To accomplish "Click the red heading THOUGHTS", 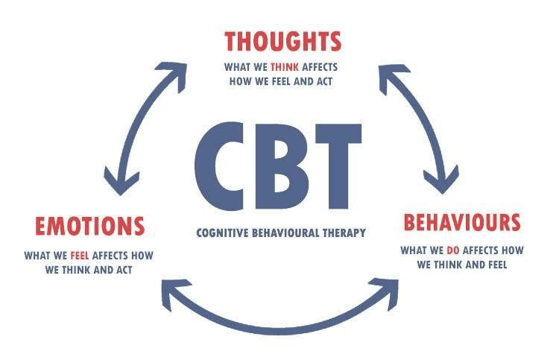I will coord(282,40).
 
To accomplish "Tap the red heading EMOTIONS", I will coord(89,225).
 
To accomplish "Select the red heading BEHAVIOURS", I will coord(461,222).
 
